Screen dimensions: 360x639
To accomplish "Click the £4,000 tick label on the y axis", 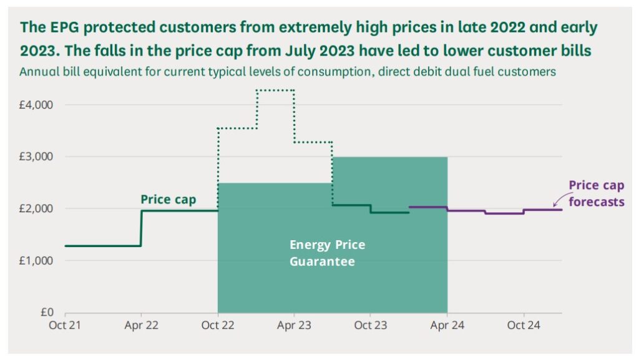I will coord(36,105).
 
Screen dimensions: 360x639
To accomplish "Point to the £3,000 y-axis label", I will coord(36,157).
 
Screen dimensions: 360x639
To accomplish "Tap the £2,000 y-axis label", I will coord(36,208).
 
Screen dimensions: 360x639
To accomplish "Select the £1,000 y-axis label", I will coord(36,260).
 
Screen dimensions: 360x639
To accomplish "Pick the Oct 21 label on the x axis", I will coord(65,325).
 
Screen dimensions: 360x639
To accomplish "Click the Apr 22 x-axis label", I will coord(141,325).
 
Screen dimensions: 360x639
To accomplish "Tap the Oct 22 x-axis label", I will coord(218,325).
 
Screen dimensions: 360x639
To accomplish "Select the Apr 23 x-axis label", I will coord(295,325).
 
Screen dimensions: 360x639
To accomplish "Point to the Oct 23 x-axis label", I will coord(371,325).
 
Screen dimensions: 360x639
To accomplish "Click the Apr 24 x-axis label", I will coord(447,325).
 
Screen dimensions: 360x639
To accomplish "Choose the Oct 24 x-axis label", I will coord(524,325).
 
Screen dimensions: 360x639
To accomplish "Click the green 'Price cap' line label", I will coord(168,200).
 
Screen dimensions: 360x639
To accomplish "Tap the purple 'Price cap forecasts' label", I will coord(596,193).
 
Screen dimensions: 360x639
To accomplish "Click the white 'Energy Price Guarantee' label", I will coord(327,253).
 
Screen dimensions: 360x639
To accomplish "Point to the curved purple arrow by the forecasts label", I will coord(559,199).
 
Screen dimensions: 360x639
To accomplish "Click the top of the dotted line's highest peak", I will coord(275,90).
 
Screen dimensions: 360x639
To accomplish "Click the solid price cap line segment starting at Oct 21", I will coord(103,246).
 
